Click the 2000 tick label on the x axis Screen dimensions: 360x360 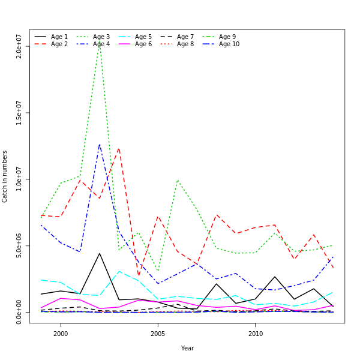(x=60, y=334)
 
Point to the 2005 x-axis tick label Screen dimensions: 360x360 (x=158, y=334)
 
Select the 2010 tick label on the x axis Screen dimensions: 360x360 (x=256, y=334)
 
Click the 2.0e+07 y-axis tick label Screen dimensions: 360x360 (x=19, y=46)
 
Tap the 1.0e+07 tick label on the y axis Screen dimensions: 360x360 (x=19, y=179)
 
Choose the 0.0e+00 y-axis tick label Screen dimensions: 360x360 (x=19, y=312)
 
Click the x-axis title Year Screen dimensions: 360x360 (x=187, y=348)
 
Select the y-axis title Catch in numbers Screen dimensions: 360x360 (x=5, y=176)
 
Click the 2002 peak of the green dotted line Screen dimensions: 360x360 (x=100, y=42)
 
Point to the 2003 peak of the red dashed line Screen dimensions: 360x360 (x=119, y=147)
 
